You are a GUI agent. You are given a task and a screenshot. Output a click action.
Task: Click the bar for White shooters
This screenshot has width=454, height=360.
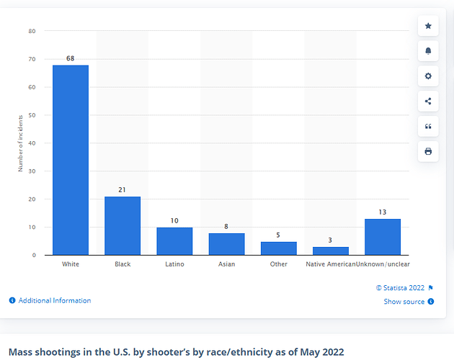tap(71, 160)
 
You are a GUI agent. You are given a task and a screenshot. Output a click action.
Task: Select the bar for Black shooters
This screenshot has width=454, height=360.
tap(123, 225)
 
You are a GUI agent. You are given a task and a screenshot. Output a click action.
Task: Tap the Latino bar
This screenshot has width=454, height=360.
tap(174, 241)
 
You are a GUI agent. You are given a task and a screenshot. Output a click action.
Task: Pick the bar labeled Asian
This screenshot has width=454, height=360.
tap(226, 244)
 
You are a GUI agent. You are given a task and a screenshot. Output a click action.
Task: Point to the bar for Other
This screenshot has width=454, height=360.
tap(278, 248)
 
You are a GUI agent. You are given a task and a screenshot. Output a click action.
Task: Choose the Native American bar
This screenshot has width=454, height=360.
tap(330, 251)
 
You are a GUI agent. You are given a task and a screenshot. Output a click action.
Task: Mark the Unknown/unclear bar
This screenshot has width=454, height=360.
tap(383, 237)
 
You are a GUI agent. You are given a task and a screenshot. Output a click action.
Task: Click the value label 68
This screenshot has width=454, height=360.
tap(71, 58)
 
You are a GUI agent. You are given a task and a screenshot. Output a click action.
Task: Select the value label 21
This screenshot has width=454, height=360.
tap(123, 189)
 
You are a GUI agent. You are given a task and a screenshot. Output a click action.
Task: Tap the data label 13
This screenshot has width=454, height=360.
tap(383, 212)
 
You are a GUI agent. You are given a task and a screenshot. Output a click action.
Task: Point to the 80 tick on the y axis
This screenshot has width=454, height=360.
tap(32, 31)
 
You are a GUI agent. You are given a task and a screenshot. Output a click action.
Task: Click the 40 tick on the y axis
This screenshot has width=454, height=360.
tap(32, 143)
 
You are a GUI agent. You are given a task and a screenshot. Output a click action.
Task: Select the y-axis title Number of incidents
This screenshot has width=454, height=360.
tap(20, 143)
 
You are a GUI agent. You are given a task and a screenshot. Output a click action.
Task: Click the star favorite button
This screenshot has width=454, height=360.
tap(428, 26)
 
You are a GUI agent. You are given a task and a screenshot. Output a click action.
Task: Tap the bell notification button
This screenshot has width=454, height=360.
tap(428, 51)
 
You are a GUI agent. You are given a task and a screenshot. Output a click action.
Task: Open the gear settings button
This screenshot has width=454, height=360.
tap(428, 76)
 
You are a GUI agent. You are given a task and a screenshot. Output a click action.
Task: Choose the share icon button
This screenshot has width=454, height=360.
tap(428, 102)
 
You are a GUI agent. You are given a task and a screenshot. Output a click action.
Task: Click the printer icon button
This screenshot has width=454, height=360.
tap(428, 151)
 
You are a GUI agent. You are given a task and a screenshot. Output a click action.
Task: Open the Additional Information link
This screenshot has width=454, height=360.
tap(50, 300)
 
